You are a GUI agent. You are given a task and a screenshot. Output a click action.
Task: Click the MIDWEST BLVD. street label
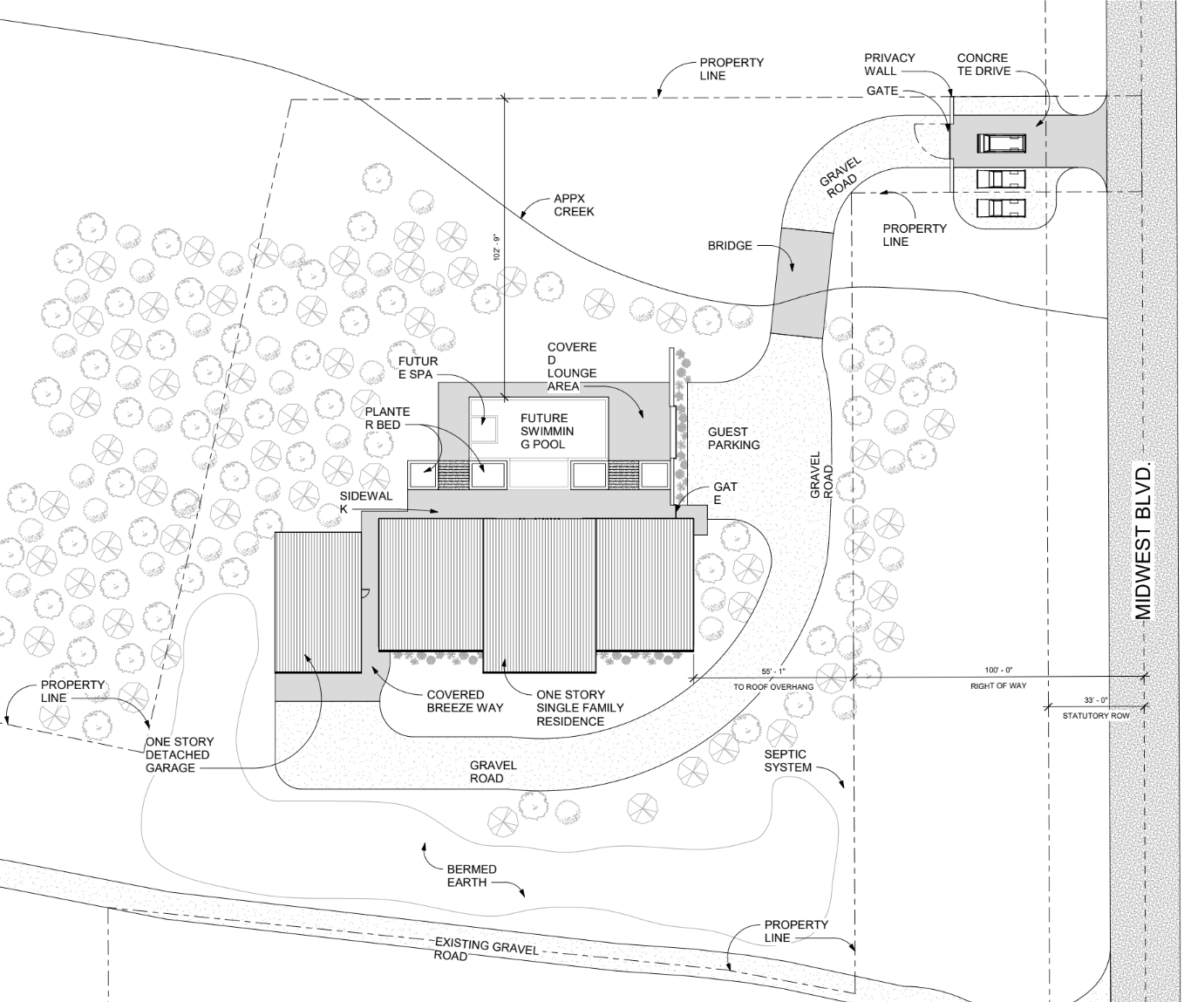click(x=1144, y=541)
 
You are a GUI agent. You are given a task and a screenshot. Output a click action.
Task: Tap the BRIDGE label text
click(x=730, y=246)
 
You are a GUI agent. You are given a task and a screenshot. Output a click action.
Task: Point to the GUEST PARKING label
click(x=733, y=438)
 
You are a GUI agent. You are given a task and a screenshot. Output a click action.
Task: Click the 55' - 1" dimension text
click(x=772, y=671)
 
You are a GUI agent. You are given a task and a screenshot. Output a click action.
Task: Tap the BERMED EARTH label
click(x=472, y=876)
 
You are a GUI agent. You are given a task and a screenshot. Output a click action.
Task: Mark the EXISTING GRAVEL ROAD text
click(x=486, y=950)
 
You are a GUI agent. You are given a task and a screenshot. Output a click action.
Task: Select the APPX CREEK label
click(x=574, y=204)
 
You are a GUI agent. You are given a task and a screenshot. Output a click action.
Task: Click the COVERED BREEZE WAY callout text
click(x=465, y=701)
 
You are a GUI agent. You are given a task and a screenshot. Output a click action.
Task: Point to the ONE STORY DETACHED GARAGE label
click(x=179, y=754)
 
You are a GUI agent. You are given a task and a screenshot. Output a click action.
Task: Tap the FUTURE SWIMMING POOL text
click(x=544, y=431)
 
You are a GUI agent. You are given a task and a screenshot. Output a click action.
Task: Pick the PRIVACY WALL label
click(x=889, y=64)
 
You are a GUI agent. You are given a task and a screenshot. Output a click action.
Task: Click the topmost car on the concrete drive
click(x=1001, y=142)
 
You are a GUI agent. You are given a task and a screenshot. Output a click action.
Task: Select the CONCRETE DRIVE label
click(x=983, y=64)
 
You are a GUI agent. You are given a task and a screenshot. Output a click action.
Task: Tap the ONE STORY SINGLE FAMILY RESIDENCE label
click(x=580, y=707)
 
